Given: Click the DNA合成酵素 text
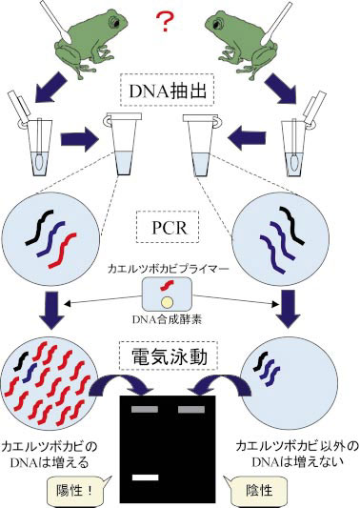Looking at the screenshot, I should [x=179, y=320].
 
